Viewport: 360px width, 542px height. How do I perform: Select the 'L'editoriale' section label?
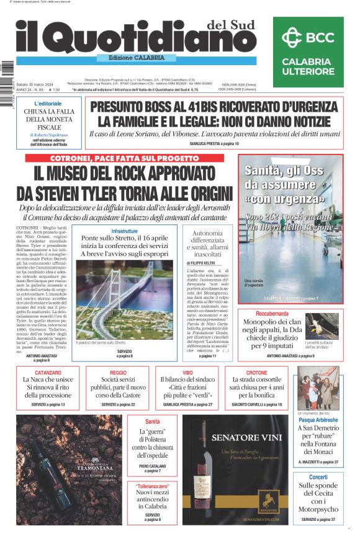tap(48, 104)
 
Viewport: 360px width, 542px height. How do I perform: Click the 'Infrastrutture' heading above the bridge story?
tap(124, 231)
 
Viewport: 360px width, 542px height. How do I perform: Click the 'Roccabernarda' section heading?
tap(290, 314)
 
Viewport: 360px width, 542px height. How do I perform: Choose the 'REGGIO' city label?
tap(118, 373)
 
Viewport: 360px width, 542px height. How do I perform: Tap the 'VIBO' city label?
tap(187, 373)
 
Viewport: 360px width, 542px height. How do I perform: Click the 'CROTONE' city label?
tap(256, 373)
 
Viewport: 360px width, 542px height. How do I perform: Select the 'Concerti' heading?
tap(318, 476)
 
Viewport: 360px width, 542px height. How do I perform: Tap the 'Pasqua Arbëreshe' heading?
tap(318, 419)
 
